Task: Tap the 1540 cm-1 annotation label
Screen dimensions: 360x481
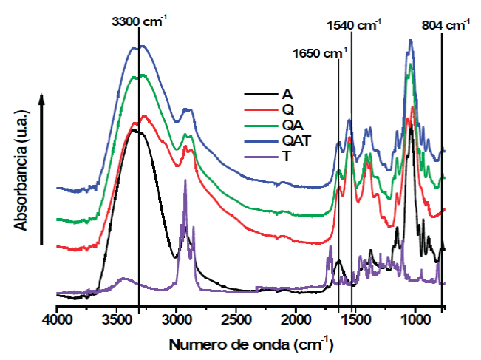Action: [353, 25]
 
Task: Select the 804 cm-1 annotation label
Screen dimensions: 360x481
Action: [446, 25]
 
